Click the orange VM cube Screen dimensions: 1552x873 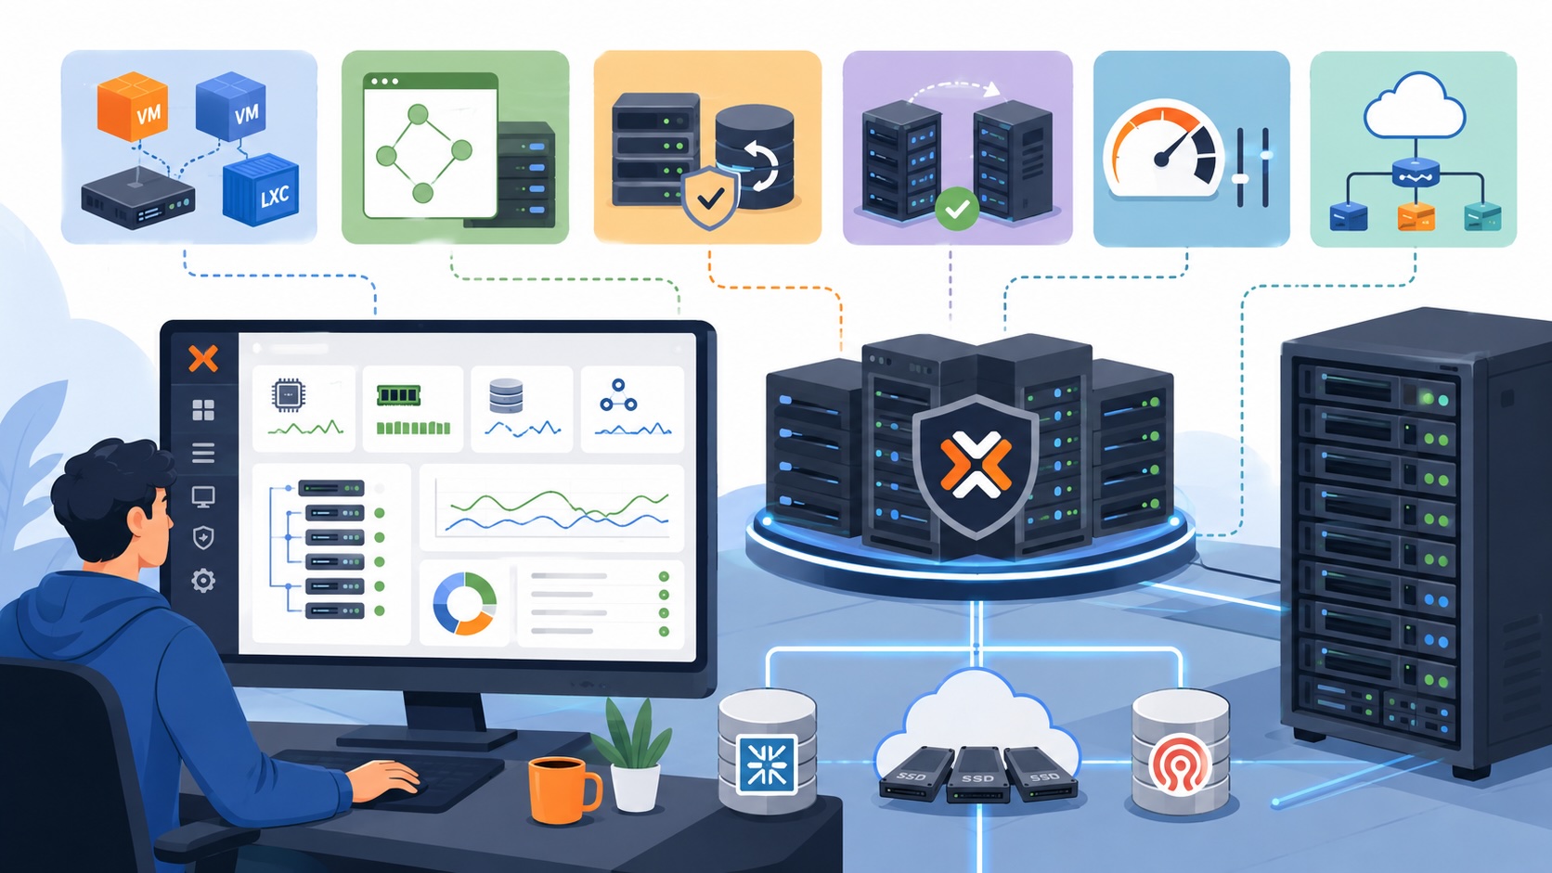[x=133, y=107]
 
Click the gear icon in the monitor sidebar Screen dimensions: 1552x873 [x=203, y=580]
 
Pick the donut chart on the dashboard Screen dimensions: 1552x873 [x=465, y=603]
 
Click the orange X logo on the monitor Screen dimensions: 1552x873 [x=203, y=359]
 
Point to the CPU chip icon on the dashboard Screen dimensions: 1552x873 [x=289, y=395]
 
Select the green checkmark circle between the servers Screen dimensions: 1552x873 [x=957, y=209]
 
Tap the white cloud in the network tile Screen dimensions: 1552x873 [x=1414, y=106]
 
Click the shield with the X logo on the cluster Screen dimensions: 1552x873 [x=976, y=466]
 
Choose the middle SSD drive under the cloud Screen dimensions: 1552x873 [x=977, y=775]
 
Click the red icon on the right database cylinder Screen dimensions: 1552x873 [x=1179, y=763]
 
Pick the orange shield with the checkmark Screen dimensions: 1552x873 [x=710, y=198]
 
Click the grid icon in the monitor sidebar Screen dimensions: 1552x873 [x=203, y=410]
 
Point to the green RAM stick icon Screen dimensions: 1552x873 [x=398, y=395]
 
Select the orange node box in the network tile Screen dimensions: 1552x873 [x=1416, y=217]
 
